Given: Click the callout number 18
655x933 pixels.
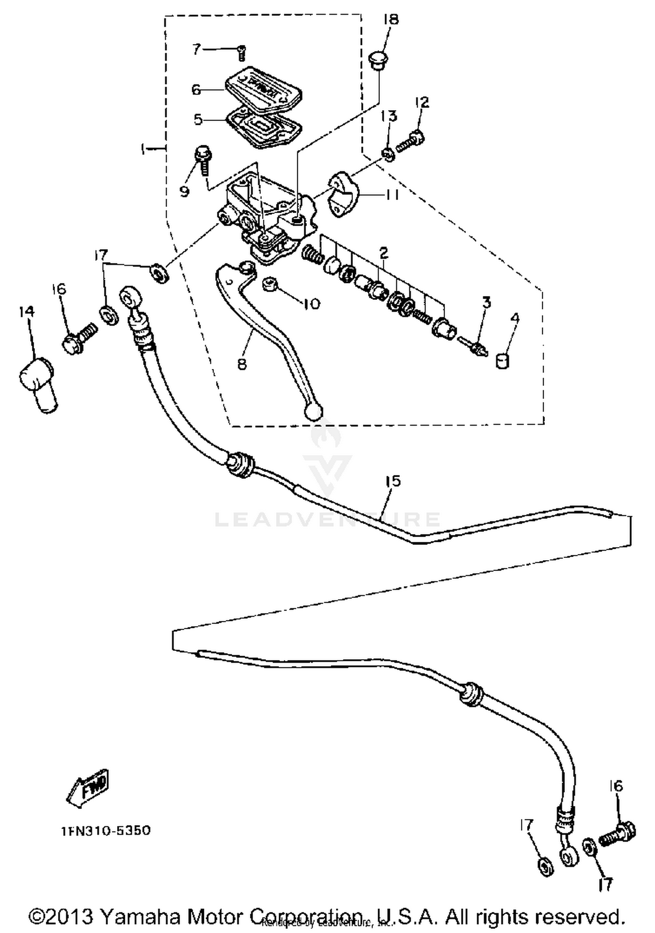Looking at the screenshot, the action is [x=391, y=20].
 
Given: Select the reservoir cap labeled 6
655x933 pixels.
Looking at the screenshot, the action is [x=264, y=87].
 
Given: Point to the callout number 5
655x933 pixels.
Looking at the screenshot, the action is [x=198, y=119].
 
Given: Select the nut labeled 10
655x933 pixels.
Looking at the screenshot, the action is [x=270, y=286].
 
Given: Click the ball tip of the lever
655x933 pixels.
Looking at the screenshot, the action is [x=314, y=411].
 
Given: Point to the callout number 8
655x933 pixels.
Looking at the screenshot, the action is [x=242, y=363].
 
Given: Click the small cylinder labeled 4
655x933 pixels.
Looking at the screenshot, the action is [x=503, y=361].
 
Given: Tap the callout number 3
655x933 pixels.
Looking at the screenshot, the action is [x=486, y=302].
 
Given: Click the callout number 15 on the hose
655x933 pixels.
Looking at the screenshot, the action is [x=393, y=481].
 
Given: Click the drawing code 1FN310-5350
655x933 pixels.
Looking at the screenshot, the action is [x=106, y=830].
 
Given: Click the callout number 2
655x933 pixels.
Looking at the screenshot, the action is [x=384, y=252].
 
